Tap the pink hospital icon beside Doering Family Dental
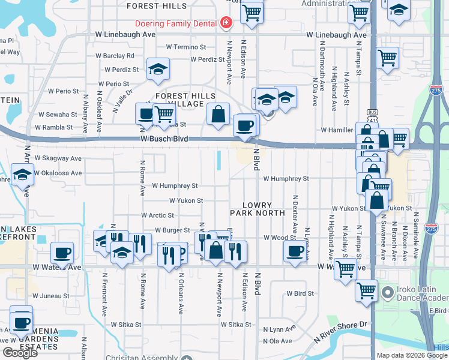(226, 23)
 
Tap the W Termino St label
(185, 47)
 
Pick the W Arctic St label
(157, 215)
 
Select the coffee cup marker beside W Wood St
(295, 252)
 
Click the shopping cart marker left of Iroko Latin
(367, 291)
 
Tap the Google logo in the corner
(20, 353)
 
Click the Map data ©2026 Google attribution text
(412, 355)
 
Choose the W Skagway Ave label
(58, 158)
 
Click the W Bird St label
(300, 293)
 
